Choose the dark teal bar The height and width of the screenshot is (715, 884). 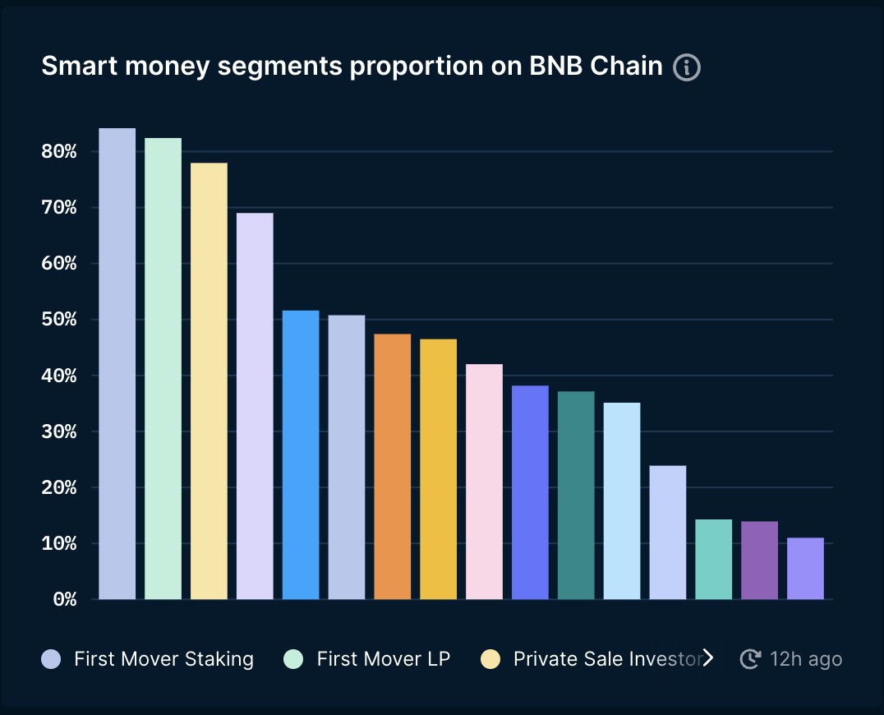tap(576, 495)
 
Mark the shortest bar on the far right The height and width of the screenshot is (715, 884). tap(805, 568)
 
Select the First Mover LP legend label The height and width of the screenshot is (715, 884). tap(383, 659)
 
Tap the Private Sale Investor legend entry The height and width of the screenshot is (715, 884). tap(606, 659)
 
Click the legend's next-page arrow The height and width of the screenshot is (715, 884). tap(707, 658)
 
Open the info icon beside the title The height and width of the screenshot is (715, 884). tap(686, 67)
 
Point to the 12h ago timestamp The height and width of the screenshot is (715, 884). tap(805, 659)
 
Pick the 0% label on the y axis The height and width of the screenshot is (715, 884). tap(64, 599)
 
